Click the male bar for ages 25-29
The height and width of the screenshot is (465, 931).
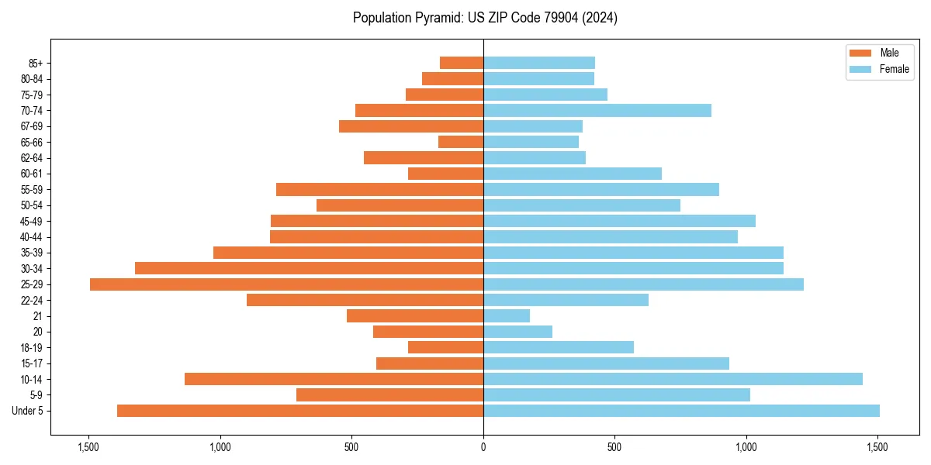click(286, 284)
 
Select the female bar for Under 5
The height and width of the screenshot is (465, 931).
click(681, 411)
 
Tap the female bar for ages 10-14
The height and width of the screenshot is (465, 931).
click(673, 379)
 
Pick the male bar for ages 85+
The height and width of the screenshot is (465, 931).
click(462, 63)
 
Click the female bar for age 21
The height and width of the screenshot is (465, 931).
click(507, 316)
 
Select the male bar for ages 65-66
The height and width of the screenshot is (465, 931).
click(461, 142)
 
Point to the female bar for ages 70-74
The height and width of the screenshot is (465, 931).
click(597, 110)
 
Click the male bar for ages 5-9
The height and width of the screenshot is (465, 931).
click(389, 395)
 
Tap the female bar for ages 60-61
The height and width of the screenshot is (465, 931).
click(573, 174)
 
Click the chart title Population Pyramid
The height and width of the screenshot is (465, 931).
click(485, 18)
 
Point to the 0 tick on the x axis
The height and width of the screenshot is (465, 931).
click(483, 447)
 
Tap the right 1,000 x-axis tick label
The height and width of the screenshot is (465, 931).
click(746, 447)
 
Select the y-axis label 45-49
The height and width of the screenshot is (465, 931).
click(31, 222)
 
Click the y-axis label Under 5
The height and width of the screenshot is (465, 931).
click(27, 411)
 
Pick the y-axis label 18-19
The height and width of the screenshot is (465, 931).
click(31, 348)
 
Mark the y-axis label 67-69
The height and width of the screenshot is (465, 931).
click(31, 126)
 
